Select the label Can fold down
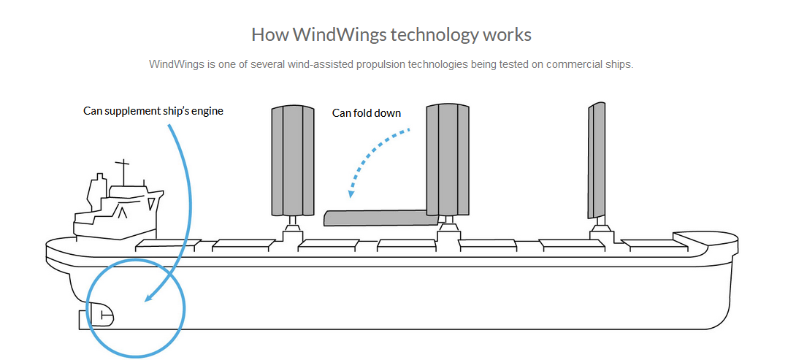[367, 112]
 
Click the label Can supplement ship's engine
[153, 111]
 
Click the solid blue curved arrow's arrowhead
[149, 297]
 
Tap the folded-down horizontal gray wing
[380, 218]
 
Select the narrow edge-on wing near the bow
[597, 161]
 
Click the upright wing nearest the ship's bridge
[293, 161]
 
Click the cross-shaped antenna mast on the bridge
[123, 172]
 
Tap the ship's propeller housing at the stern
[101, 315]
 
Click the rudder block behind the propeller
[84, 320]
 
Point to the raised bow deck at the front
[705, 238]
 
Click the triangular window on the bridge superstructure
[151, 204]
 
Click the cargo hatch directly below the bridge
[166, 245]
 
